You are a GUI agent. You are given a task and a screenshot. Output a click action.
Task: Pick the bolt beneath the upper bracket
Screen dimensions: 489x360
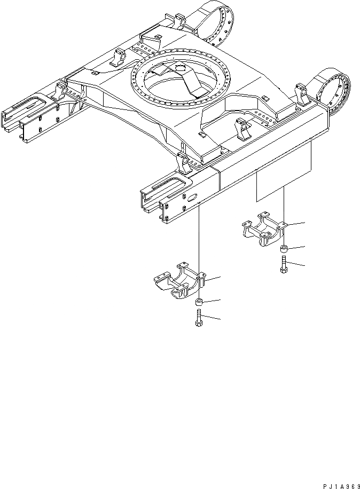click(283, 264)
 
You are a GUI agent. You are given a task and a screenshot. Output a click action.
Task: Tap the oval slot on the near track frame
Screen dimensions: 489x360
click(191, 196)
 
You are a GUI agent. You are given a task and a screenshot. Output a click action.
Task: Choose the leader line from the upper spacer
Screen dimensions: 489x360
click(296, 247)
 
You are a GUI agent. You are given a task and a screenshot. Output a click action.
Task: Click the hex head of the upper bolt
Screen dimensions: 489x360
click(283, 270)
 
